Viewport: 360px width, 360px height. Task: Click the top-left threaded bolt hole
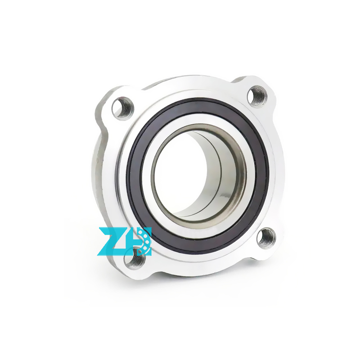pos(122,108)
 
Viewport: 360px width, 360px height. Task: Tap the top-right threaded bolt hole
pos(257,96)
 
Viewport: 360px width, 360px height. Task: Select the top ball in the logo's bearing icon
pos(144,233)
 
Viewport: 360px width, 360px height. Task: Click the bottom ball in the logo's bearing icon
pos(144,250)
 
